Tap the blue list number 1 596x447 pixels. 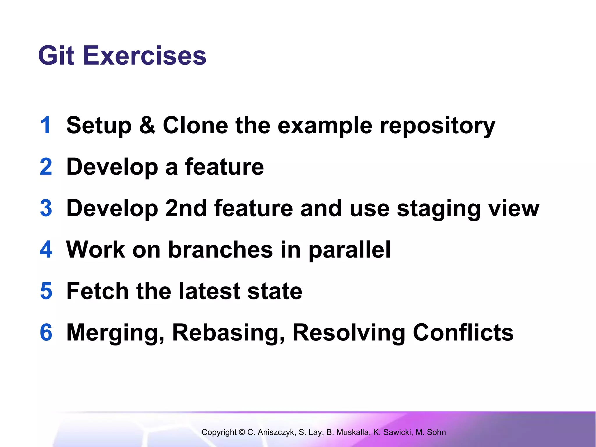(x=46, y=125)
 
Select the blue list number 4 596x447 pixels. (x=46, y=250)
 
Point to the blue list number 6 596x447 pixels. (x=46, y=332)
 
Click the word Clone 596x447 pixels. (x=195, y=125)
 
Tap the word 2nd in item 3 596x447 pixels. (x=186, y=208)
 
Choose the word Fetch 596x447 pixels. (x=97, y=291)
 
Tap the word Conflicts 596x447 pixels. (x=463, y=332)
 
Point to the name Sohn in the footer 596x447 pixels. (x=436, y=432)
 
